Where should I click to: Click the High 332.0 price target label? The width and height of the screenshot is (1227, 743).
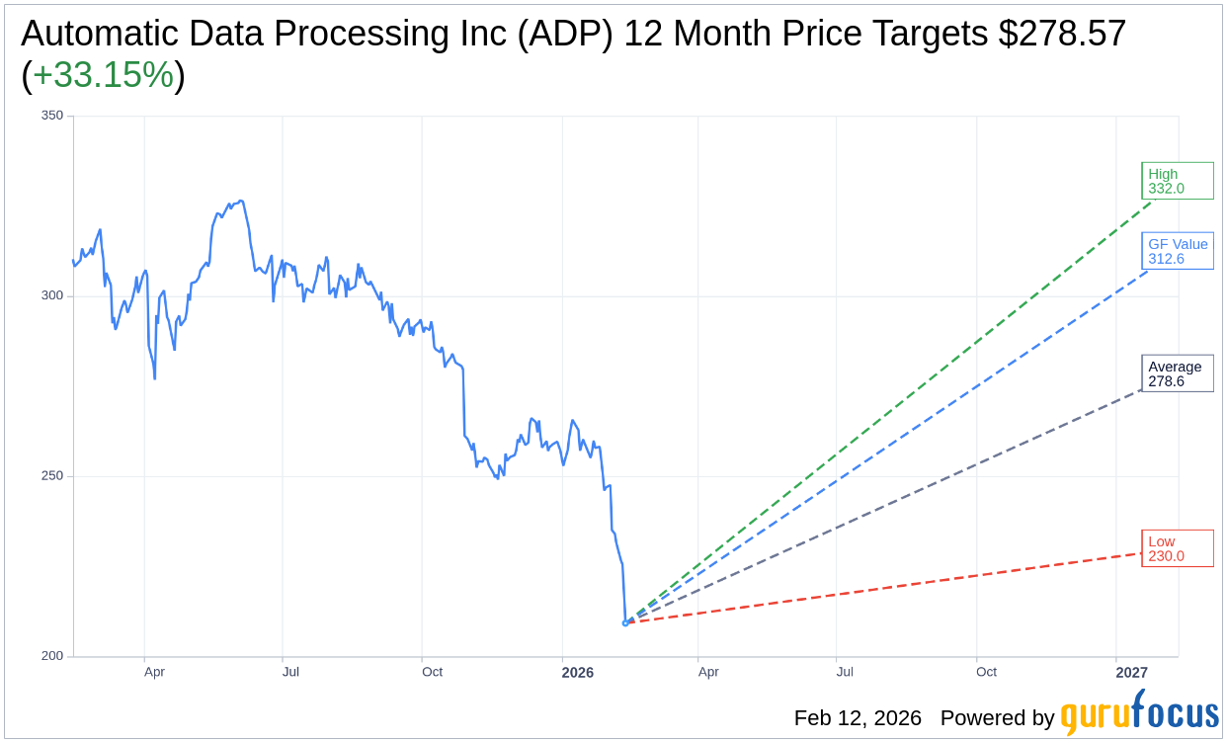[1177, 181]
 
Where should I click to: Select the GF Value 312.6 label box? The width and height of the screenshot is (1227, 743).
[1177, 251]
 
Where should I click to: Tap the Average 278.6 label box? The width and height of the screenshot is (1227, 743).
[1177, 373]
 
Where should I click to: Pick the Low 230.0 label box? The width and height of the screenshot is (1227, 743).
[1177, 548]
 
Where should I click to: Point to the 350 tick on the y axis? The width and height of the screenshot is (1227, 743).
[51, 116]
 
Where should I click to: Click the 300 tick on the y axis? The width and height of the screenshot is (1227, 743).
[51, 295]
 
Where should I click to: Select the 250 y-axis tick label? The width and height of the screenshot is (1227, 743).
[51, 476]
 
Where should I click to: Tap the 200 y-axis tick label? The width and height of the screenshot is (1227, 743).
[51, 656]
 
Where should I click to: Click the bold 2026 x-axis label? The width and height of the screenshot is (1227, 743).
[577, 673]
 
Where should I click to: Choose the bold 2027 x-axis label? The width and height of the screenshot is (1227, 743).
[1131, 673]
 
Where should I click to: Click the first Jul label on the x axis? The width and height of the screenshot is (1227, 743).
[290, 673]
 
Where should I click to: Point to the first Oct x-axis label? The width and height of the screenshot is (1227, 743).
[432, 673]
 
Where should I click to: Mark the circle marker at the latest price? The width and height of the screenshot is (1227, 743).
[625, 622]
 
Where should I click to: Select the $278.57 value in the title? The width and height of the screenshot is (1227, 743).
[1062, 35]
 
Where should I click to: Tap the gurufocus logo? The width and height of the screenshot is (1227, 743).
[1139, 715]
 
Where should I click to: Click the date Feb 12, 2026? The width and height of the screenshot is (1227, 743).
[858, 718]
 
